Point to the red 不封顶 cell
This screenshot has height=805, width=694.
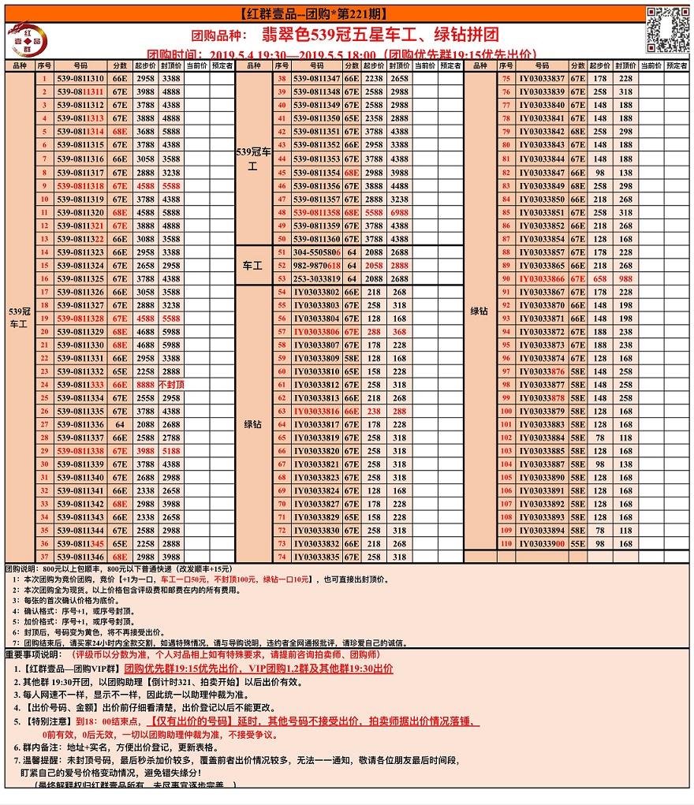171,385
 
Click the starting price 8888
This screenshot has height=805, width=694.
145,385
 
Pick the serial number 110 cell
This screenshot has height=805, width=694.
506,544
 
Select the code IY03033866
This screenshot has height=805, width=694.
542,279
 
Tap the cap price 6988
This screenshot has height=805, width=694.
400,213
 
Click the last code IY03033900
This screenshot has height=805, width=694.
542,544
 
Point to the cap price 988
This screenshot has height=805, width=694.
625,279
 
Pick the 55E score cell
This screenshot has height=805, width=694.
578,544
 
